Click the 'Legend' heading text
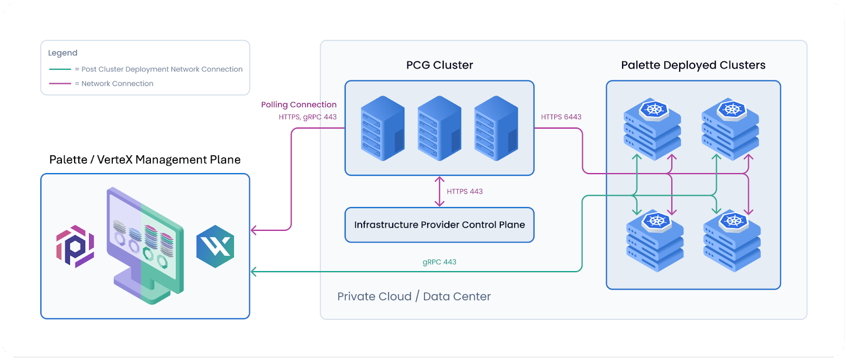[x=62, y=53]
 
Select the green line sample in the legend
[x=60, y=69]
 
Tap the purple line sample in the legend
[x=60, y=84]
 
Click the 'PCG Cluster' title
[x=439, y=65]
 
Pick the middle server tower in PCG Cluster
[x=439, y=128]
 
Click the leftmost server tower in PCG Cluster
[x=382, y=128]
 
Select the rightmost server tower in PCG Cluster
[x=496, y=128]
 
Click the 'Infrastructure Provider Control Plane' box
[x=439, y=225]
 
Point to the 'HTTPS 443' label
[x=464, y=192]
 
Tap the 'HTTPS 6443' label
[x=561, y=117]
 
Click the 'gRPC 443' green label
[x=439, y=262]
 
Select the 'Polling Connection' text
[x=299, y=105]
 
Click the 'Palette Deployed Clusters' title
[x=693, y=65]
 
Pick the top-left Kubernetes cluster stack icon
[x=652, y=129]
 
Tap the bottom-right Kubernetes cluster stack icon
[x=732, y=241]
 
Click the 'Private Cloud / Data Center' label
[x=414, y=296]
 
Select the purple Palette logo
[x=75, y=246]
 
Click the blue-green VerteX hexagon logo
[x=215, y=246]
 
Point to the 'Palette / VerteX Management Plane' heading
[x=145, y=160]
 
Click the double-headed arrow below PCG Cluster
[x=439, y=191]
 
